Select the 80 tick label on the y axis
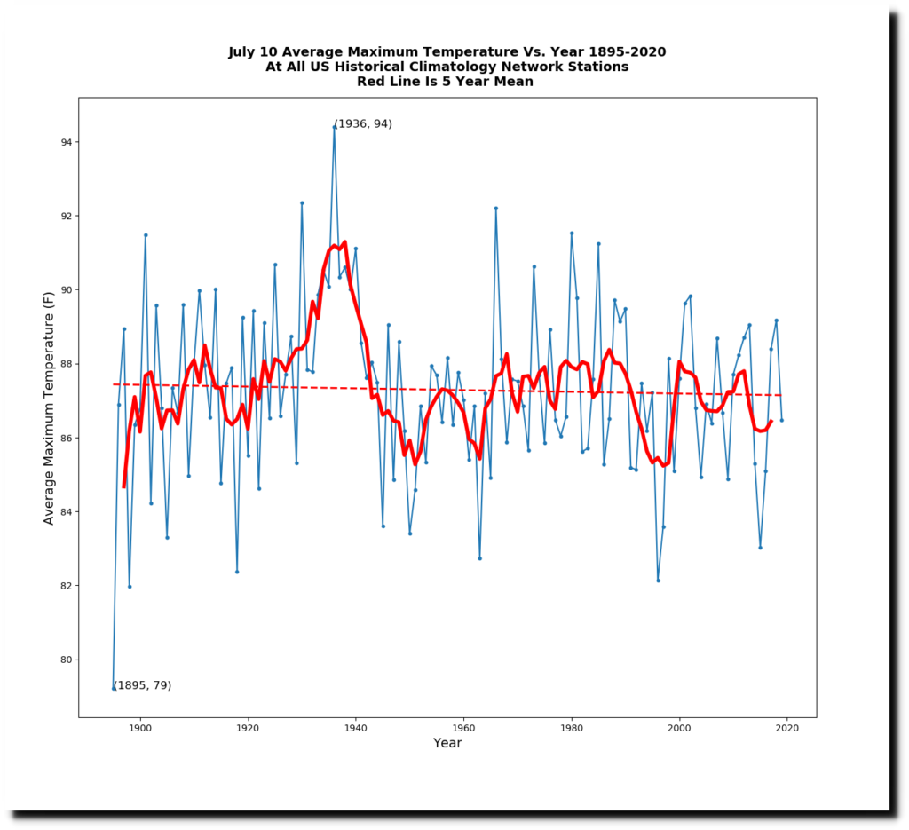[x=67, y=660]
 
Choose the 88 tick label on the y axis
[x=67, y=364]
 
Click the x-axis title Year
[x=447, y=744]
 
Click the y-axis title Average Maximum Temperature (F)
[x=50, y=407]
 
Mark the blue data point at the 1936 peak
[x=334, y=127]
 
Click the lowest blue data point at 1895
[x=114, y=688]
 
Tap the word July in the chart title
[x=244, y=52]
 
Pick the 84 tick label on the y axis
[x=67, y=512]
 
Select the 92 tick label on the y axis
[x=67, y=216]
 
